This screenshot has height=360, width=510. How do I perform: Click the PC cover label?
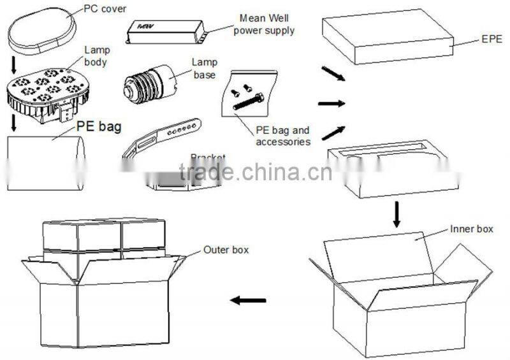(105, 10)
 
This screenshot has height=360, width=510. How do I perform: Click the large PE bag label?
(99, 126)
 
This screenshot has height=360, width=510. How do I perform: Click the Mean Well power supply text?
(267, 24)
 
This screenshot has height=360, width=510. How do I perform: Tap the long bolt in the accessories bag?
(250, 101)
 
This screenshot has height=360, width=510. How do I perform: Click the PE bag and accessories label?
(283, 136)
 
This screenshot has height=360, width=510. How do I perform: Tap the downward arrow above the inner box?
(397, 214)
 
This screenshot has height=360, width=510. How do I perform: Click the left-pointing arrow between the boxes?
(248, 299)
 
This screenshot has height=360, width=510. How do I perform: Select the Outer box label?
(226, 250)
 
